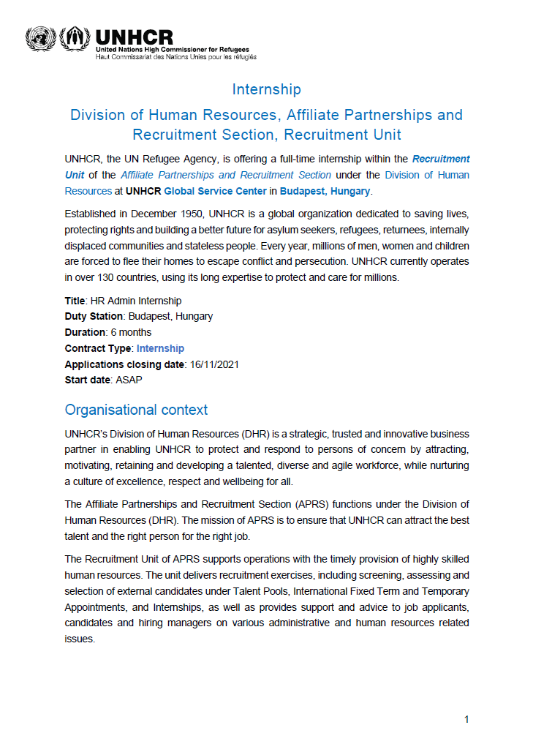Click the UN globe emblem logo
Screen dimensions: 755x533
coord(39,38)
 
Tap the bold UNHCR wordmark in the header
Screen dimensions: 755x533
coord(134,37)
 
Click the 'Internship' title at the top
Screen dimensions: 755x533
coord(266,89)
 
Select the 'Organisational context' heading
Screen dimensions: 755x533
coord(136,410)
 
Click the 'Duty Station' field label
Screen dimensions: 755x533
coord(94,317)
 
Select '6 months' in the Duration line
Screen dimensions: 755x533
coord(131,333)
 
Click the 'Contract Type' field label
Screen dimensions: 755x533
coord(97,348)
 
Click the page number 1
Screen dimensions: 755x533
coord(466,720)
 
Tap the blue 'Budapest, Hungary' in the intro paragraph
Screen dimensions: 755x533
coord(325,192)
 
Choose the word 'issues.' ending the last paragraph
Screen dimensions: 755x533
coord(80,639)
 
